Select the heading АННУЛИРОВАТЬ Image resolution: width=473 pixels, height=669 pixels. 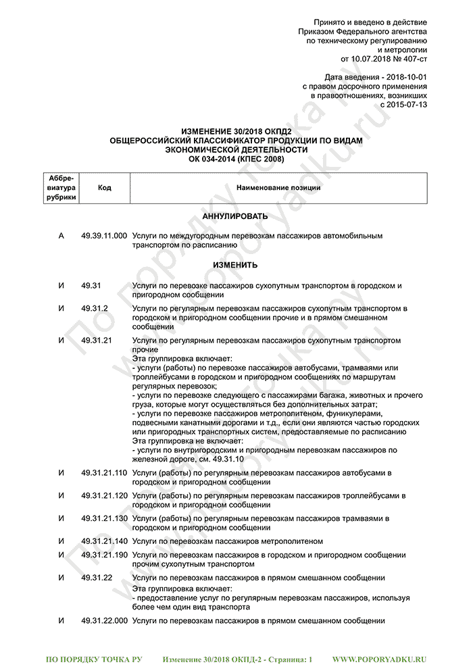236,216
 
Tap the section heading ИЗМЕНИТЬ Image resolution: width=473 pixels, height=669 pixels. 236,265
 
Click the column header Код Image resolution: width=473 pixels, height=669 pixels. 104,188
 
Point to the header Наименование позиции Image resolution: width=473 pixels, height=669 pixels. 278,188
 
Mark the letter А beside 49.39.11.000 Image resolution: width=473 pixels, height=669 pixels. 61,236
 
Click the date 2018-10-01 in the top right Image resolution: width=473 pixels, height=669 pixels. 403,78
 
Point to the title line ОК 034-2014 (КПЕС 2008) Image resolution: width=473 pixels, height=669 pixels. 236,159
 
